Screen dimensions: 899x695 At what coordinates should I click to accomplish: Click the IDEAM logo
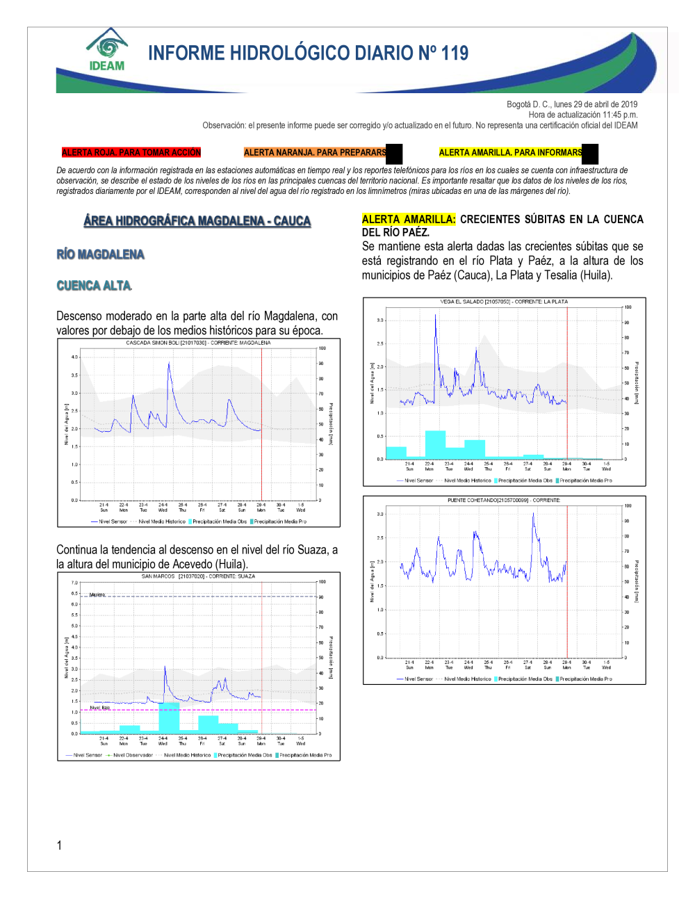(107, 51)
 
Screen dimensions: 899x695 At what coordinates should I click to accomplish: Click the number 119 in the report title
(455, 54)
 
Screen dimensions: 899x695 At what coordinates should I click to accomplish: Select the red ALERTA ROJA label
(131, 152)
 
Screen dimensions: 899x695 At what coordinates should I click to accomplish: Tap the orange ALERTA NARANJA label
(315, 152)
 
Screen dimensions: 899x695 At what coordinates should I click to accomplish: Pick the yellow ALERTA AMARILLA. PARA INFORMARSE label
(511, 152)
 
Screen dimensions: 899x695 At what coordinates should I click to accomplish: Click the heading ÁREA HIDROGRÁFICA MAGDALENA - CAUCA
(197, 221)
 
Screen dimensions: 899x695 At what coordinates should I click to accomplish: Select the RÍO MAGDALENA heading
(101, 254)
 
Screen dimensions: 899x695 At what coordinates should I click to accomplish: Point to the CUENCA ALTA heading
(94, 286)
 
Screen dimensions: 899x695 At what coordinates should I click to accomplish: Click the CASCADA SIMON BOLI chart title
(198, 343)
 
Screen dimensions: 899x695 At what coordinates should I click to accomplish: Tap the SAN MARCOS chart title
(198, 576)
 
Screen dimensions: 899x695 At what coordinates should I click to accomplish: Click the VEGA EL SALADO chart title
(504, 302)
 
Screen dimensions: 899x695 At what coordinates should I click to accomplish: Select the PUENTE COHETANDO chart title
(504, 500)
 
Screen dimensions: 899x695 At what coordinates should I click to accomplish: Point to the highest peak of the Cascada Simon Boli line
(168, 364)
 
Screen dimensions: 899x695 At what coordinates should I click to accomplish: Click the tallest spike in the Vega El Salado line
(436, 316)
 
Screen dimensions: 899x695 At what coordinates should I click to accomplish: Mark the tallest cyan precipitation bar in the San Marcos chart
(169, 718)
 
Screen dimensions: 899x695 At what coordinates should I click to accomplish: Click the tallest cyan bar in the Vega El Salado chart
(435, 445)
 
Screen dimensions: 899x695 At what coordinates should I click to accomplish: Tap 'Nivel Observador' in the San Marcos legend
(133, 755)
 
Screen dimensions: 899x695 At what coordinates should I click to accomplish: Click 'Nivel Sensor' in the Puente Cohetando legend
(418, 679)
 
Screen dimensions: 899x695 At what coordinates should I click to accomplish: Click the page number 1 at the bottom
(59, 845)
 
